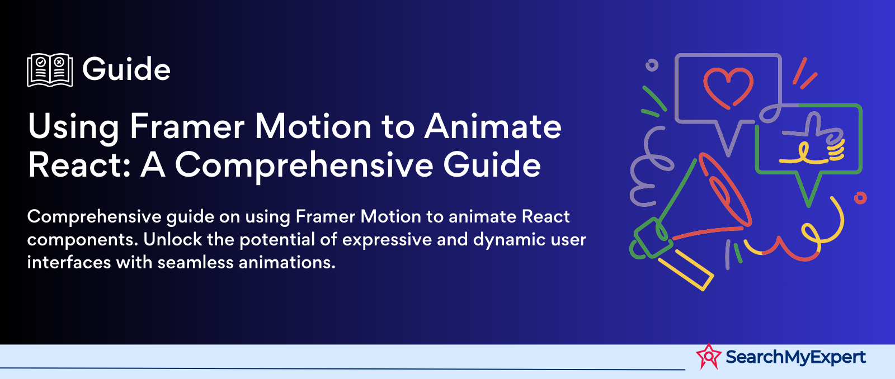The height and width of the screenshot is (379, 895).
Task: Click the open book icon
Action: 50,70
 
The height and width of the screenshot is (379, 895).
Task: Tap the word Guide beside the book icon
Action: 126,69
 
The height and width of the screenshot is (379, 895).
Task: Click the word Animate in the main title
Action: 493,126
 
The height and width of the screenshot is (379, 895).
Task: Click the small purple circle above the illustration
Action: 652,65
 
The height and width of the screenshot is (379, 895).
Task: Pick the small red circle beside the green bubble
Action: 860,198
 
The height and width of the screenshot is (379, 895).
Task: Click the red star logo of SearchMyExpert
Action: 709,356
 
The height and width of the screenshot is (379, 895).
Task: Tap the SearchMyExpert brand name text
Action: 795,357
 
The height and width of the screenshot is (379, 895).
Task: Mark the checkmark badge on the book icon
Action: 41,62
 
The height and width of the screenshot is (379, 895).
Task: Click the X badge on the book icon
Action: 59,62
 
